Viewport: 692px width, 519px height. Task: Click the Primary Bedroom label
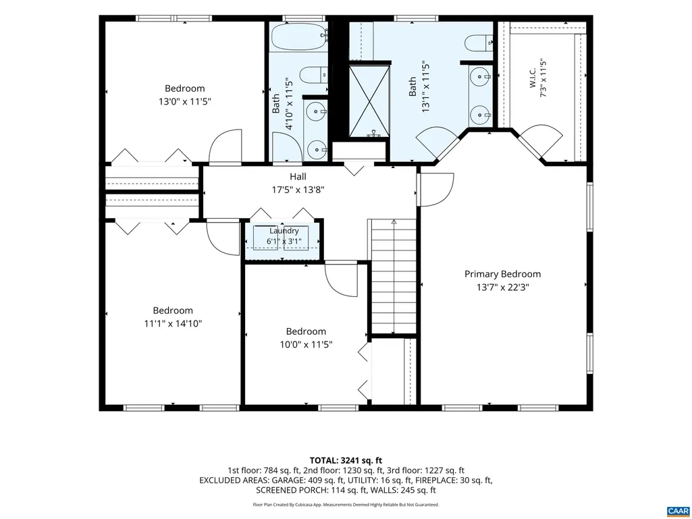coord(503,274)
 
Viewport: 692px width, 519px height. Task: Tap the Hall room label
coord(298,177)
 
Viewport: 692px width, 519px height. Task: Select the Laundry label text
coord(284,231)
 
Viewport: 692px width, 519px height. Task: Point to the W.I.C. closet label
coord(533,78)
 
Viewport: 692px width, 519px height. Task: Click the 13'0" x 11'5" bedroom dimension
coord(185,101)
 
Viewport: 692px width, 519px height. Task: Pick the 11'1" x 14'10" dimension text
coord(173,323)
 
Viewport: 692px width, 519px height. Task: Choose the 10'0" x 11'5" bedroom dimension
coord(307,344)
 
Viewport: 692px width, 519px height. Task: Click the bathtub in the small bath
coord(300,36)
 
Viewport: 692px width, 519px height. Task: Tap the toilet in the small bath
coord(314,75)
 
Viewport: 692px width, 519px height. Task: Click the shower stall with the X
coord(369,101)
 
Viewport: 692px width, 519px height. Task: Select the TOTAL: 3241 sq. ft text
coord(346,461)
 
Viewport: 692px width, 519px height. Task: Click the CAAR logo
coord(677,511)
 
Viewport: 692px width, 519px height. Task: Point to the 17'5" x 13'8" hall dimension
coord(298,190)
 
